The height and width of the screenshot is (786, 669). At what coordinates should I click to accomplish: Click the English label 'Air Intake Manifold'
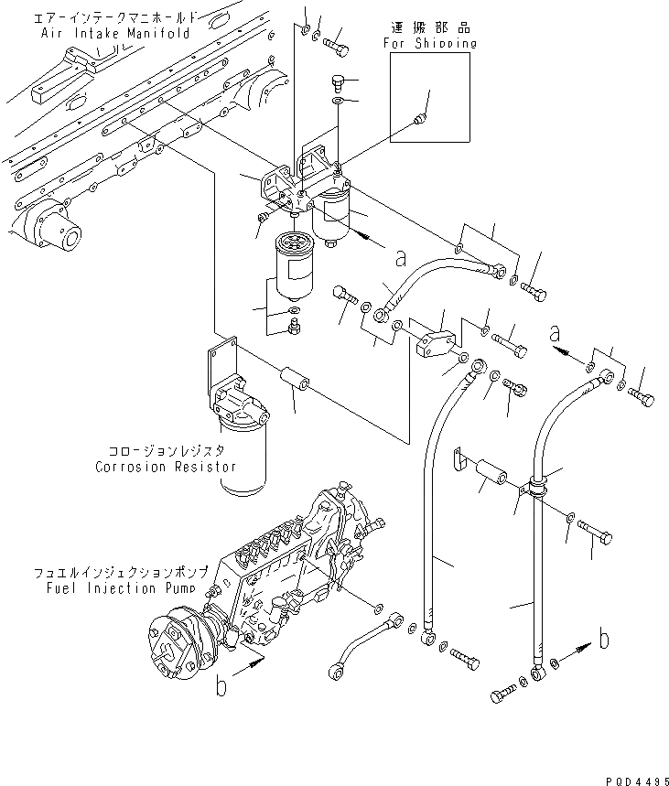click(115, 33)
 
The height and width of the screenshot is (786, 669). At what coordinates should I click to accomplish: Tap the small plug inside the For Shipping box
click(419, 118)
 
